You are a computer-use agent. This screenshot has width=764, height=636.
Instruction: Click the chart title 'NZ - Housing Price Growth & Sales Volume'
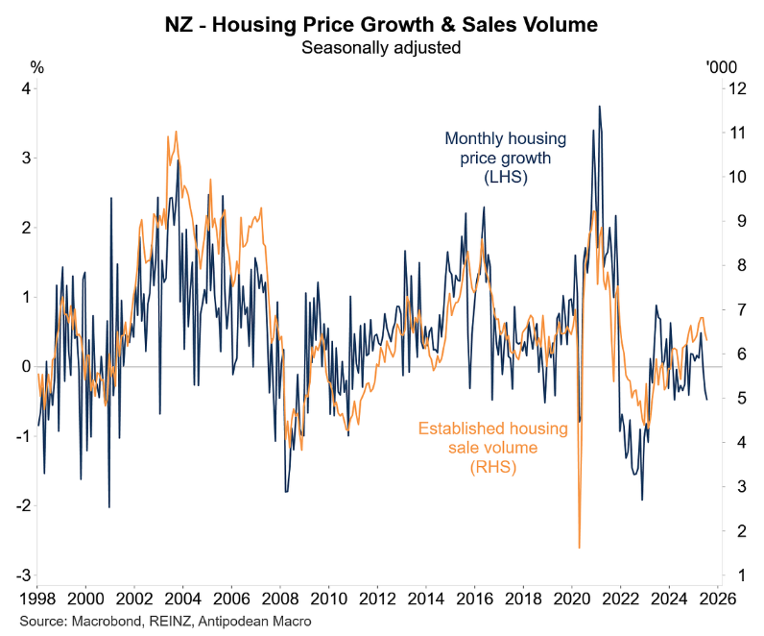(382, 24)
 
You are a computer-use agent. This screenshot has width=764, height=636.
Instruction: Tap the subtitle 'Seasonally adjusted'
(382, 46)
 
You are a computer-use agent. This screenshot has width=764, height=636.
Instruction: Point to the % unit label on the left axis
(37, 67)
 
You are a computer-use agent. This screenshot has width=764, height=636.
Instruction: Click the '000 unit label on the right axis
(721, 67)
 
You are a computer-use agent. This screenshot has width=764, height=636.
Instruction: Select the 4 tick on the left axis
(27, 88)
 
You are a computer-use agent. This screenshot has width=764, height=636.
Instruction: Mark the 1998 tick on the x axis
(36, 596)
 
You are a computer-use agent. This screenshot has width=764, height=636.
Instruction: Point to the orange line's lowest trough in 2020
(580, 548)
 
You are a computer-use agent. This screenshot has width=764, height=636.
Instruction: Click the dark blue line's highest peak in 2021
(599, 107)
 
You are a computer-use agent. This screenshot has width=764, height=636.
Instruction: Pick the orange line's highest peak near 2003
(176, 132)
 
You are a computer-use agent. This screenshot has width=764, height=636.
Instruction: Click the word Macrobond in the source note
(108, 622)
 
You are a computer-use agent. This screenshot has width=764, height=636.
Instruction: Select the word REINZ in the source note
(167, 622)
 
